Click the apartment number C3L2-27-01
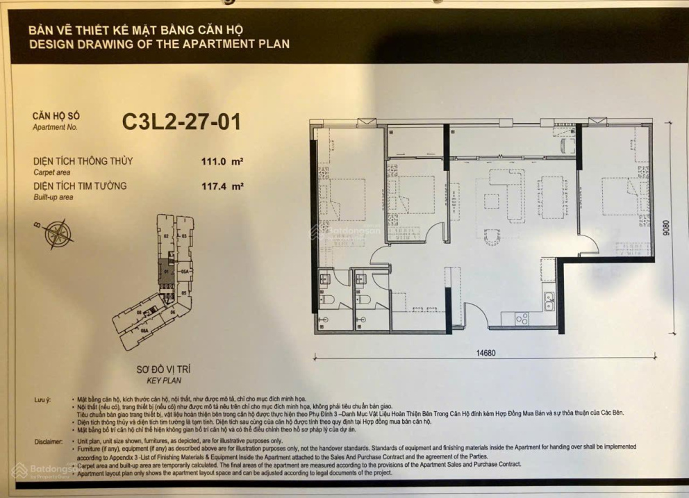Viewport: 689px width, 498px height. [181, 122]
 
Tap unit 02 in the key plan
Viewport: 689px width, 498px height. [167, 236]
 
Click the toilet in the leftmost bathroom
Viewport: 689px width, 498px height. [328, 300]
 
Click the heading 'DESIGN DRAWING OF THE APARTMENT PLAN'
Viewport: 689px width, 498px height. [159, 44]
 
